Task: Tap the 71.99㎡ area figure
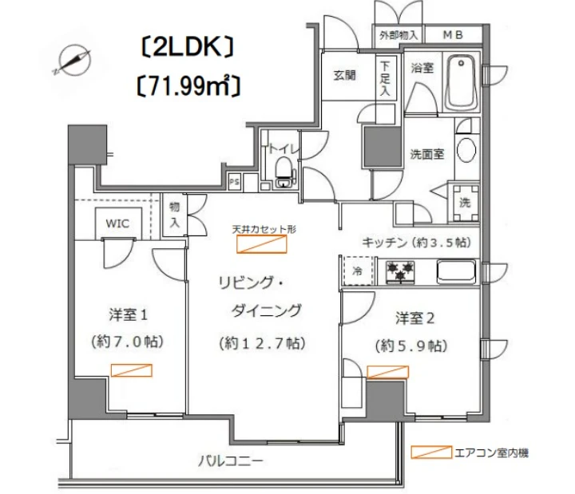pyautogui.click(x=188, y=83)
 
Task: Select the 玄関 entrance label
pyautogui.click(x=345, y=76)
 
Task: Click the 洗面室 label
pyautogui.click(x=427, y=153)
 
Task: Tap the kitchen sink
pyautogui.click(x=458, y=271)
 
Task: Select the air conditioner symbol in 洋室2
pyautogui.click(x=387, y=371)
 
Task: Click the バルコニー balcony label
pyautogui.click(x=231, y=460)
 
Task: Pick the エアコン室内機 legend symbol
pyautogui.click(x=430, y=452)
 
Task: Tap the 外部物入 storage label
pyautogui.click(x=398, y=35)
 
